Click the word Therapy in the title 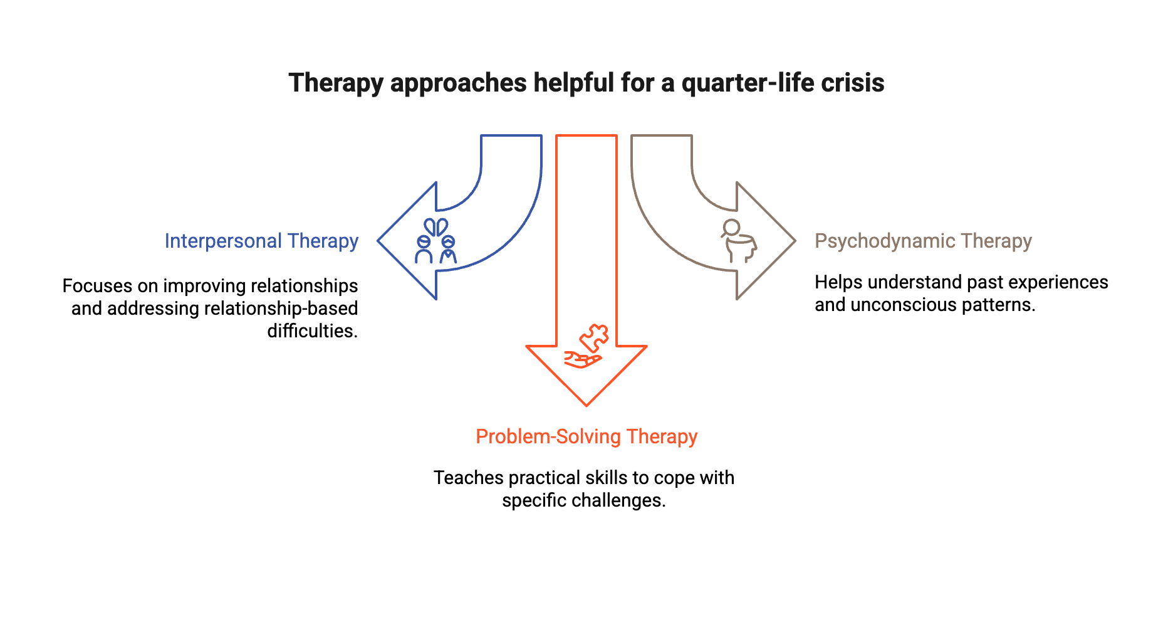coord(335,83)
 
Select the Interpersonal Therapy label coord(261,241)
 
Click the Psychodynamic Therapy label coord(923,241)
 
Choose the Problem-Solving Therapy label coord(586,436)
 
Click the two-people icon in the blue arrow coord(435,241)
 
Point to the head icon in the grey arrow coord(739,241)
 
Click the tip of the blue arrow coord(379,241)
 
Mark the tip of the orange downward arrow coord(586,404)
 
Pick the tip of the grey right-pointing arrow coord(794,241)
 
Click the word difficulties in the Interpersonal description coord(312,331)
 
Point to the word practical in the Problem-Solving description coord(543,478)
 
